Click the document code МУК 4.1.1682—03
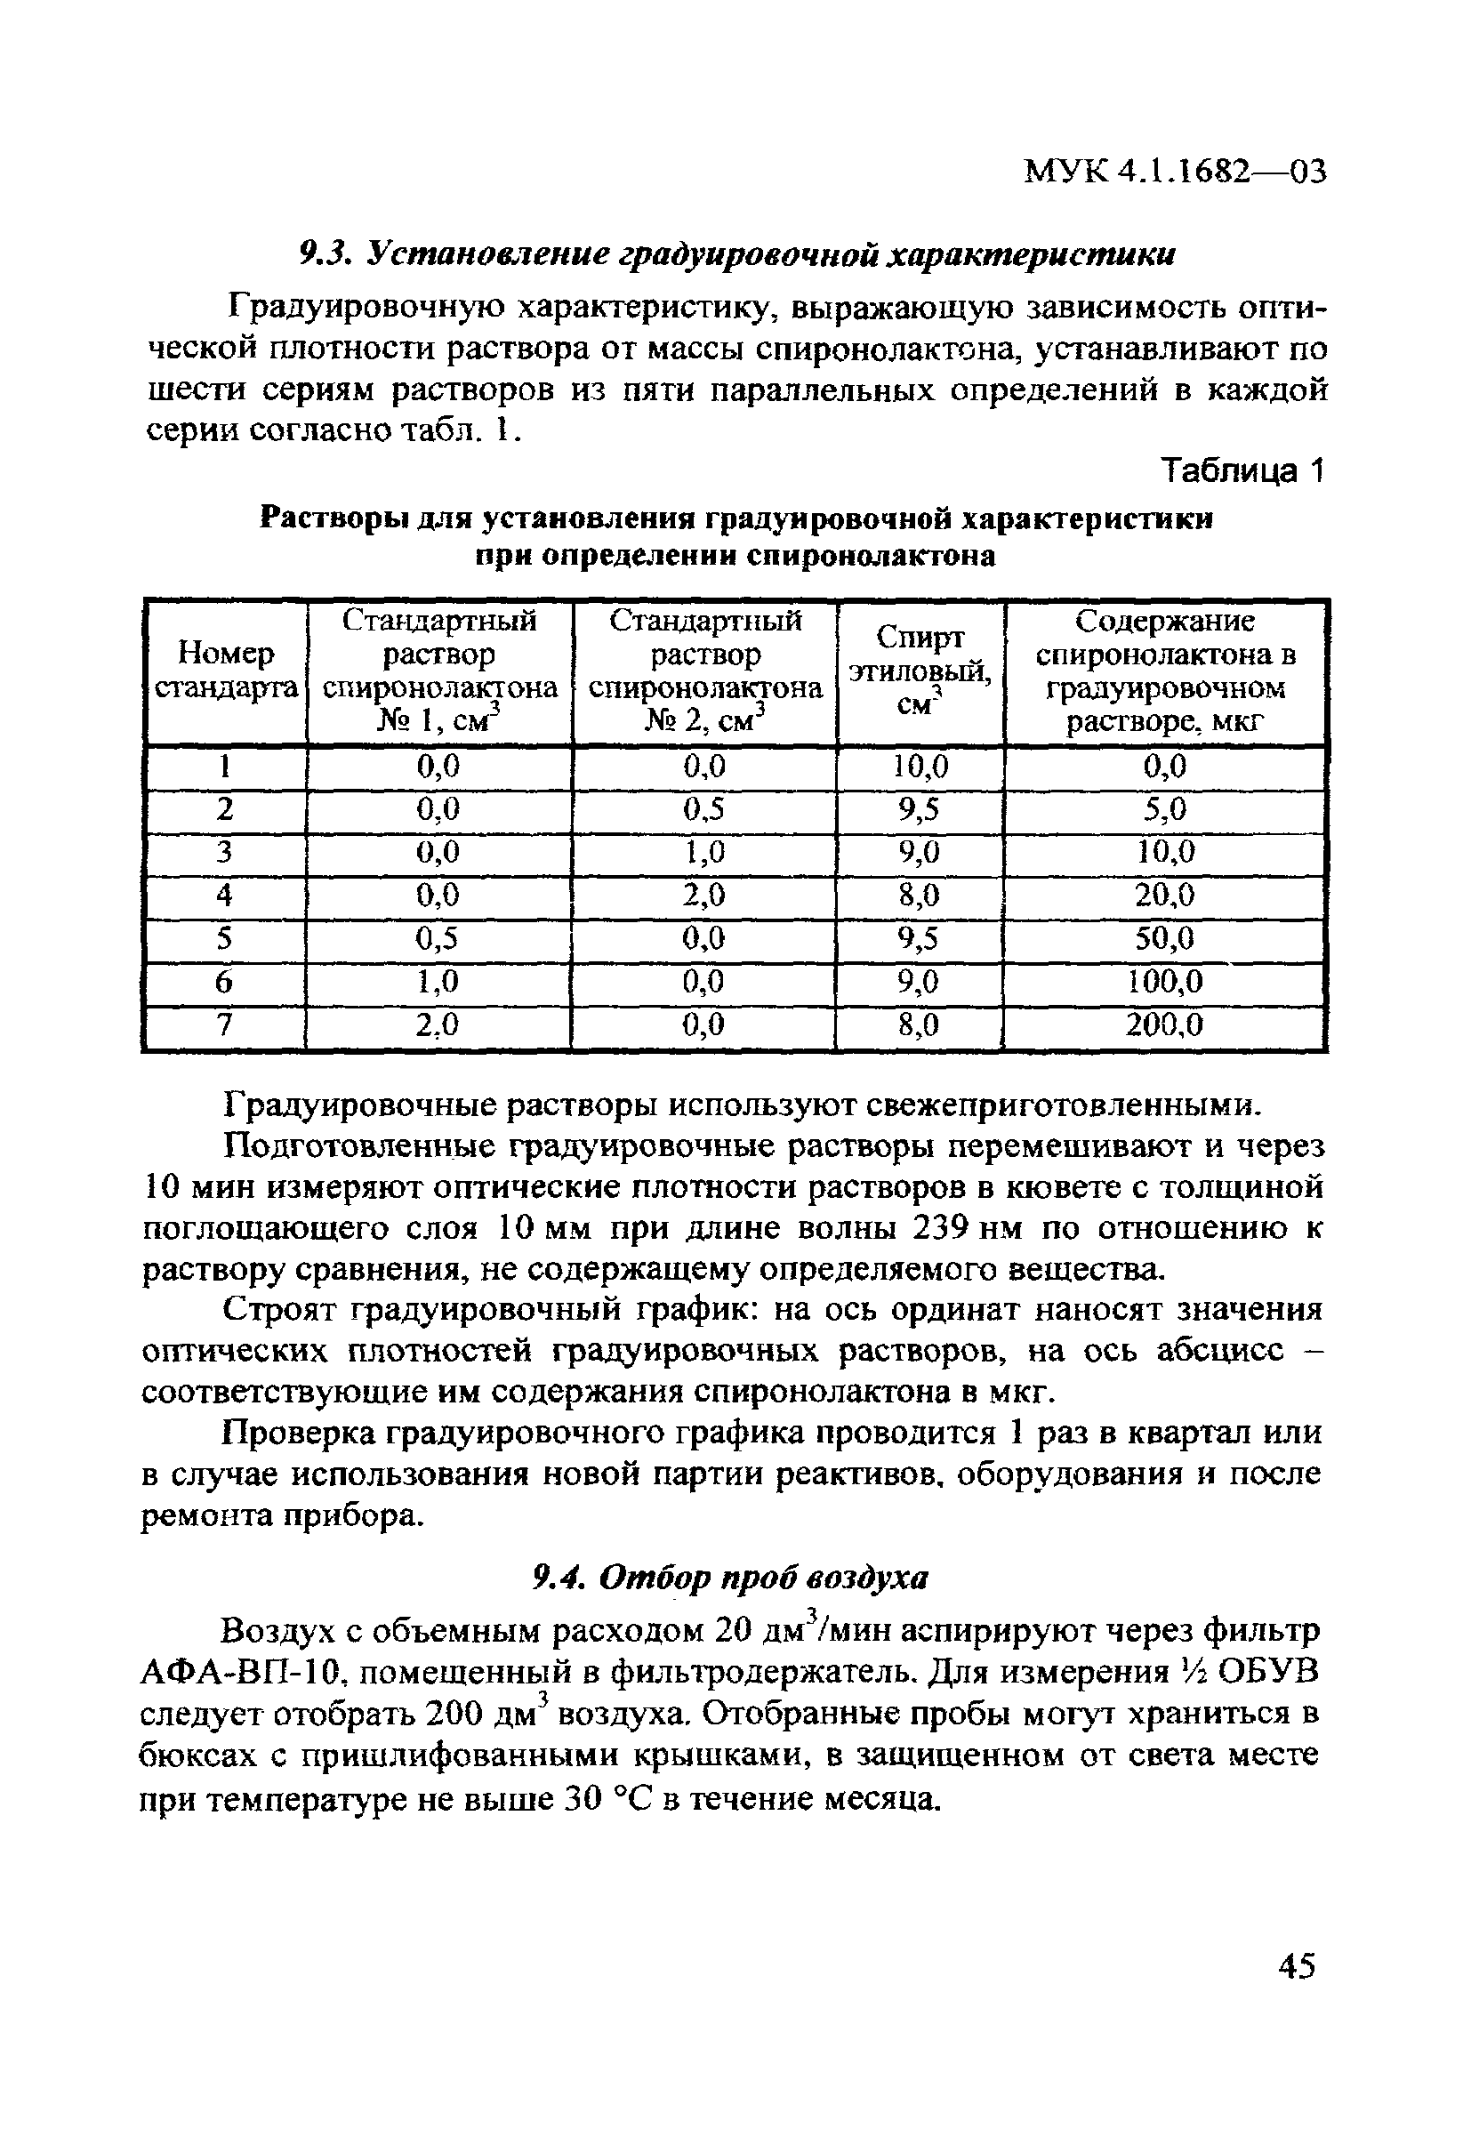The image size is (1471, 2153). coord(1175,172)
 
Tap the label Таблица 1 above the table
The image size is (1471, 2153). coord(1244,471)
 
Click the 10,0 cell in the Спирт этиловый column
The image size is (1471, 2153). coord(920,767)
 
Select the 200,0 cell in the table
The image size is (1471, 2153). coord(1165,1024)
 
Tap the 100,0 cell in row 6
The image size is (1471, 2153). coord(1165,981)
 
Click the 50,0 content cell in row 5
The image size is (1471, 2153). coord(1165,938)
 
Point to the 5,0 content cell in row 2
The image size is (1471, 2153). coord(1165,809)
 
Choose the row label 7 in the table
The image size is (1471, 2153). coord(224,1024)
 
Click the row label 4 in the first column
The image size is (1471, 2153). coord(224,895)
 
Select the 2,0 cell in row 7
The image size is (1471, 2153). coord(438,1024)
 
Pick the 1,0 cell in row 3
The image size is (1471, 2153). coord(704,851)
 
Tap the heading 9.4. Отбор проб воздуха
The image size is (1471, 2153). coord(731,1578)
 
